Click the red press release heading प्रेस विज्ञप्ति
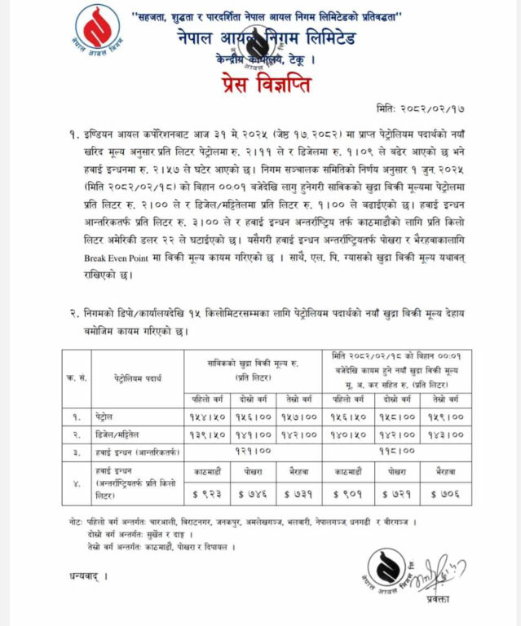coord(261,84)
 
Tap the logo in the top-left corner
coord(96,31)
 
